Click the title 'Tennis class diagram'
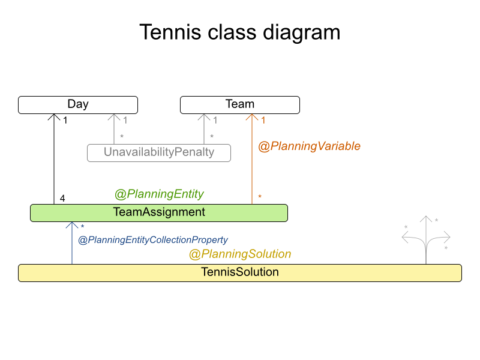(x=240, y=32)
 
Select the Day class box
(x=78, y=104)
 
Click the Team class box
(x=240, y=104)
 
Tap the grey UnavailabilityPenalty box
(x=159, y=152)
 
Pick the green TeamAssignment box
(x=159, y=212)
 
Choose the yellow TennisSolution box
(x=240, y=272)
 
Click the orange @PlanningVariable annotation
(x=309, y=146)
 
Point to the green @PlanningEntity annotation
(x=159, y=194)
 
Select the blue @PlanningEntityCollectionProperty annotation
(x=153, y=240)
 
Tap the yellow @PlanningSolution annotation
(x=240, y=254)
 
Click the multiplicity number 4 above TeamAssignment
(x=62, y=198)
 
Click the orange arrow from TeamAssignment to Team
(x=252, y=162)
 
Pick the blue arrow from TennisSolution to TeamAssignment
(x=72, y=243)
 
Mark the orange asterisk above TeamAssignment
(x=260, y=197)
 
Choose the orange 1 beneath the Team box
(x=263, y=121)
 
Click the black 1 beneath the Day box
(x=65, y=121)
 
